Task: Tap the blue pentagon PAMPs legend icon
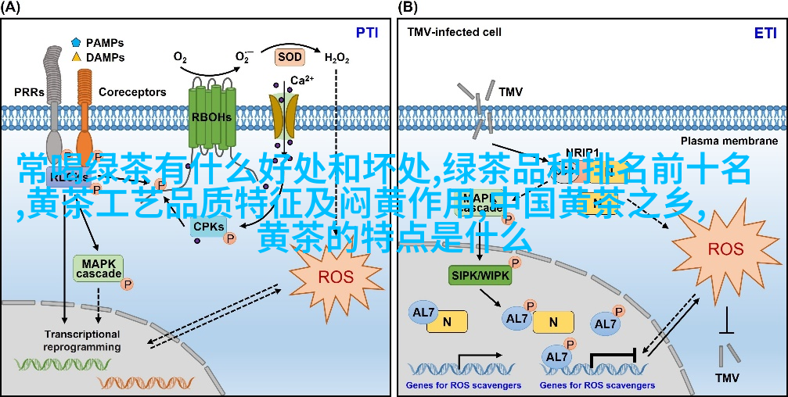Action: [x=76, y=42]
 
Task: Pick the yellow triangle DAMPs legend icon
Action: [x=76, y=57]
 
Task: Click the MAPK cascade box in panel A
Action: [x=98, y=268]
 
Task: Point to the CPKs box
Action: [x=208, y=227]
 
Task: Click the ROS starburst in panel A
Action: [x=336, y=277]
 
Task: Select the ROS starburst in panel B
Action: [x=725, y=250]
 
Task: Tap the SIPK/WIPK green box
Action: [x=477, y=274]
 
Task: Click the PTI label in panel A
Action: [x=367, y=33]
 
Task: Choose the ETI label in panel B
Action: [x=765, y=33]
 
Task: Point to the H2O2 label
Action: [x=336, y=58]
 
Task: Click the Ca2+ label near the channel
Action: [x=302, y=80]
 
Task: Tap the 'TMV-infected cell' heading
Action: [x=454, y=33]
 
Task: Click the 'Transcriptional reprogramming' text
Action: [x=82, y=340]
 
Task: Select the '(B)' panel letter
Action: [x=408, y=8]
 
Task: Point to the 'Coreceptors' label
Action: [x=132, y=92]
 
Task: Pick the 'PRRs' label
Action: [x=30, y=92]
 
